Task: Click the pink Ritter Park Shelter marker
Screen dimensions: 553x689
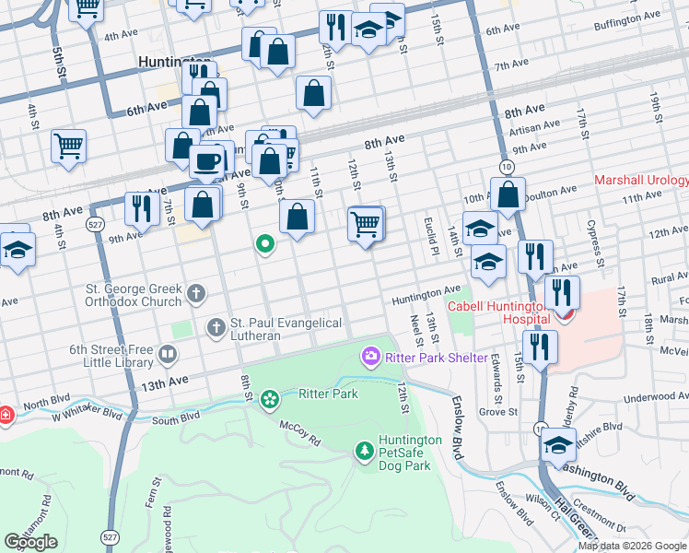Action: pyautogui.click(x=371, y=356)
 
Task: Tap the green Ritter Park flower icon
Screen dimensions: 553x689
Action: pyautogui.click(x=269, y=399)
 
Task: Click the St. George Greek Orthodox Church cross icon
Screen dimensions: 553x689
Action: pyautogui.click(x=195, y=294)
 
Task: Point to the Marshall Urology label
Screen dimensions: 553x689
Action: pyautogui.click(x=641, y=181)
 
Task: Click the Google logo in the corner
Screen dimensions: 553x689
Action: pyautogui.click(x=30, y=542)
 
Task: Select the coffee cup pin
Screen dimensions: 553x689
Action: pyautogui.click(x=206, y=162)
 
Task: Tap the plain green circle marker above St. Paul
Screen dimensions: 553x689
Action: pyautogui.click(x=265, y=244)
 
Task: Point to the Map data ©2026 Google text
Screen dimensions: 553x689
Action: pyautogui.click(x=633, y=547)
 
